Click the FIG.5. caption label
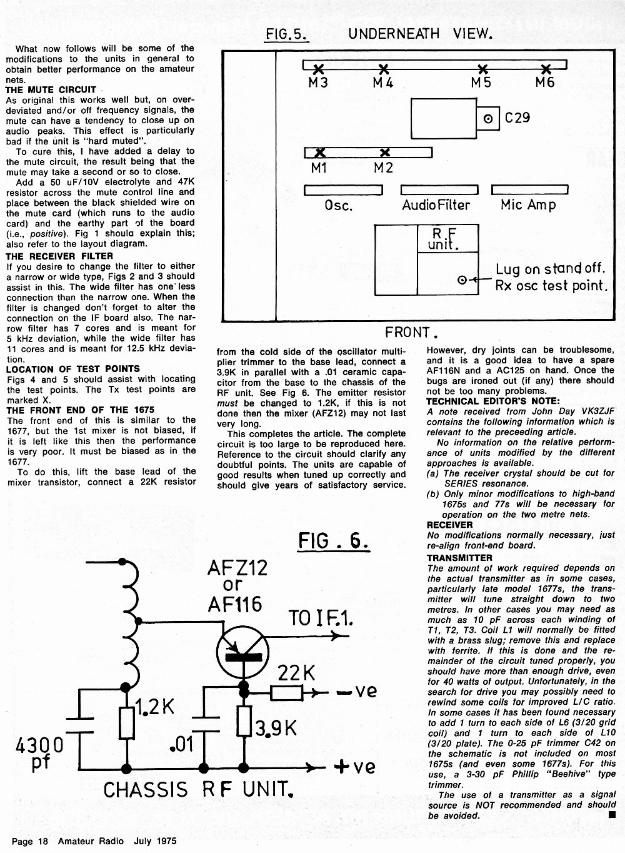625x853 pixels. [x=287, y=34]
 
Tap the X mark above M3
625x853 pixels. [x=318, y=69]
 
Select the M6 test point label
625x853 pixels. [x=544, y=83]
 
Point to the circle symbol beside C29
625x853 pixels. [x=487, y=118]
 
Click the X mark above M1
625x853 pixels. [x=320, y=153]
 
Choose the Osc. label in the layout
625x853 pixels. [x=338, y=206]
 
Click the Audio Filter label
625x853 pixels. [x=436, y=205]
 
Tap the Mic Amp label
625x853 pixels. [x=528, y=205]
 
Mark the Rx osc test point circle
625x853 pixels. [x=462, y=280]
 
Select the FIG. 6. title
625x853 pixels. [x=333, y=541]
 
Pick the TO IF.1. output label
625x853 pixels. [x=321, y=618]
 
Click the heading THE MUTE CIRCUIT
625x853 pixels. [x=51, y=90]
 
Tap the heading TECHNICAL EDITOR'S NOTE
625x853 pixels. [x=493, y=401]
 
